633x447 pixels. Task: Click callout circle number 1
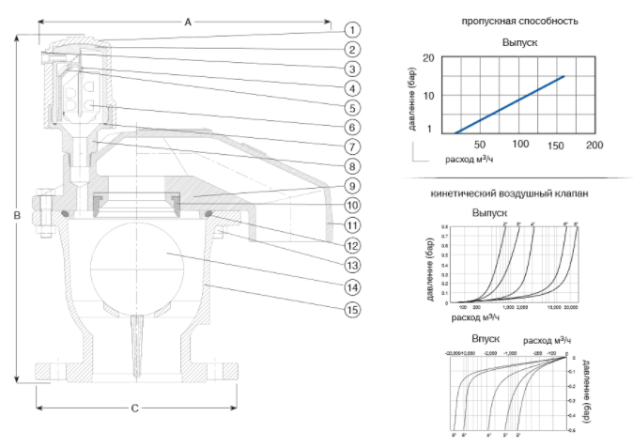coord(352,29)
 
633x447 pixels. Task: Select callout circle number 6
coord(352,127)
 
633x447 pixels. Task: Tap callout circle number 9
coord(352,185)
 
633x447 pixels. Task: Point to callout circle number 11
coord(352,224)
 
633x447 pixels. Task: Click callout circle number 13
coord(352,266)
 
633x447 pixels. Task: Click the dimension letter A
coord(188,20)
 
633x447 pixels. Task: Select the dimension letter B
coord(16,215)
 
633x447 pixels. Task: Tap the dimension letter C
coord(134,408)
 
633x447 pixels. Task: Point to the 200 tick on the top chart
coord(594,145)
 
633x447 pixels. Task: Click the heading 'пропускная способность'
coord(519,21)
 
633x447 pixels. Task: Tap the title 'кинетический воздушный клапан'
coord(510,193)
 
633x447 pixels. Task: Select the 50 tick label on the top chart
coord(480,145)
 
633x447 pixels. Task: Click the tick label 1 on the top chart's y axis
coord(429,130)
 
